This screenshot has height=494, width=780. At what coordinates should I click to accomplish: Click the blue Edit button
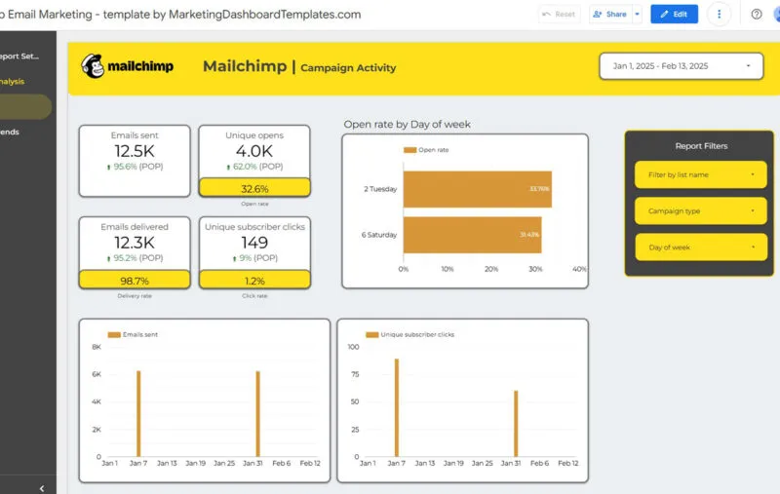point(674,15)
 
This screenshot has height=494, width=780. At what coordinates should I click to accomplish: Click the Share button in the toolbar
point(610,15)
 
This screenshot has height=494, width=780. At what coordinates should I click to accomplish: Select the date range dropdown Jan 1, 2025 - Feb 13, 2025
point(681,66)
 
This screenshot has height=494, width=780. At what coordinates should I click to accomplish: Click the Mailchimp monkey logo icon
point(95,66)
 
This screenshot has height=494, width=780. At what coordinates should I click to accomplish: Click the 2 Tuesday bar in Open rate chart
point(477,188)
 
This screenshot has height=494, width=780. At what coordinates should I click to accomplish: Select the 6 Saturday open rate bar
point(472,235)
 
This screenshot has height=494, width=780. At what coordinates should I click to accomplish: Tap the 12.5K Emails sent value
point(136,152)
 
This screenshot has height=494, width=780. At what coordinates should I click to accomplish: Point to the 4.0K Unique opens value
point(254,152)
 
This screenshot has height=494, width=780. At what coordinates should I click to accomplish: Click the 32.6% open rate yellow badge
point(254,188)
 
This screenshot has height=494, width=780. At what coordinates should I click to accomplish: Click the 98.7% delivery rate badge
point(136,280)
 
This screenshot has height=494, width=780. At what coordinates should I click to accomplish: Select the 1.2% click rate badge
point(254,280)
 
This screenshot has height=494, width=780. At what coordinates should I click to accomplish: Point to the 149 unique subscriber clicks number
point(254,244)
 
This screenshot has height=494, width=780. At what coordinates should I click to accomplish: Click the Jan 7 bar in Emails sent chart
point(138,413)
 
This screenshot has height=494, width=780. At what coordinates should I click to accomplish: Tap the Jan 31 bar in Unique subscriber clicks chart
point(516,423)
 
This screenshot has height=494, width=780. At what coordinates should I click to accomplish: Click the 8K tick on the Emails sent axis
point(97,347)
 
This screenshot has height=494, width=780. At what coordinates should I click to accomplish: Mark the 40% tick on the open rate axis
point(579,269)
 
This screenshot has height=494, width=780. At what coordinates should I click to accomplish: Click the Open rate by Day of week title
point(408,124)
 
